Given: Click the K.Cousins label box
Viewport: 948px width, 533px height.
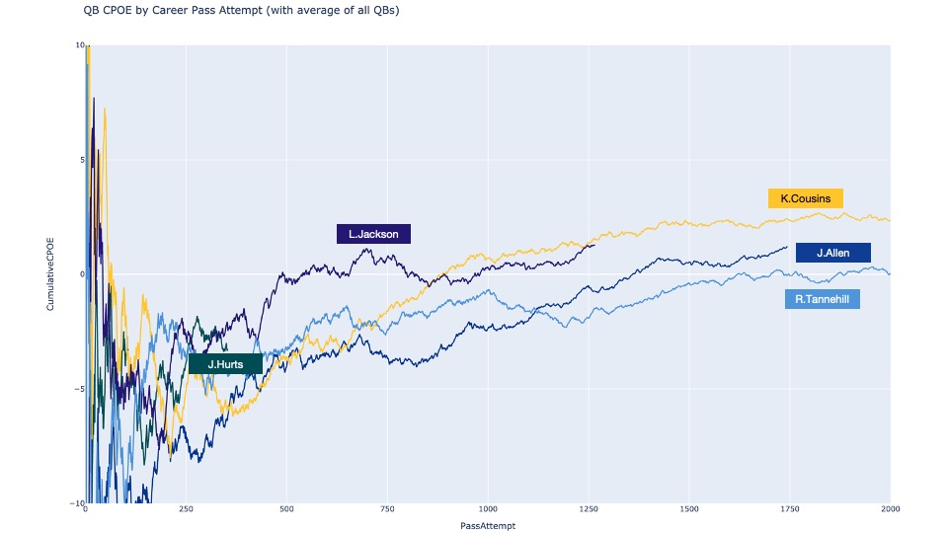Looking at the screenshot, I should pos(806,198).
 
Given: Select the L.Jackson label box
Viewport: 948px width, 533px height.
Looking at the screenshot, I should pos(373,234).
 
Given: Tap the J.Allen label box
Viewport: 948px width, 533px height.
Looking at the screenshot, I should pos(832,253).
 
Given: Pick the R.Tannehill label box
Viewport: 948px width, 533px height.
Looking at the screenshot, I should pos(822,299).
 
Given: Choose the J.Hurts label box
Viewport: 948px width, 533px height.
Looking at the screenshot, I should pos(225,364).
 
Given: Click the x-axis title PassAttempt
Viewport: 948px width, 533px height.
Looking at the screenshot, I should pos(488,526).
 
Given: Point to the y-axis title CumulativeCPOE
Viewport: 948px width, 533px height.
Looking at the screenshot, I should pos(49,273).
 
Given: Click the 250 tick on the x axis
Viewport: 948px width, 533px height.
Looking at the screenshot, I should pos(186,510).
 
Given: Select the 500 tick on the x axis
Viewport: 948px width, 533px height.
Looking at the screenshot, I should pos(286,510).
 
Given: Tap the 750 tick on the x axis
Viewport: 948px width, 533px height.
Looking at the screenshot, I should pos(387,510).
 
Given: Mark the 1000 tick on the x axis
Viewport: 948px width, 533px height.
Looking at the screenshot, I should pos(488,510).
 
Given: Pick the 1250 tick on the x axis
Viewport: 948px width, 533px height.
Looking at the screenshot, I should pos(589,510).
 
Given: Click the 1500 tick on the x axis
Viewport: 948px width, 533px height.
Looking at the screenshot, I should pos(689,510).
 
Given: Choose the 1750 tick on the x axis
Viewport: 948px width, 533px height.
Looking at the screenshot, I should pos(790,510).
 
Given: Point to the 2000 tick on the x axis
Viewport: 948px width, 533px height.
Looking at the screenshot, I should pos(890,510).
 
